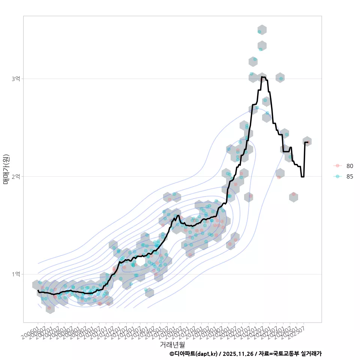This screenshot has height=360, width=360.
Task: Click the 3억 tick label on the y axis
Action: tap(16, 79)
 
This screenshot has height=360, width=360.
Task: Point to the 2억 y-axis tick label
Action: tap(16, 176)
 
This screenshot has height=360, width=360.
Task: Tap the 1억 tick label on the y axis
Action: tap(16, 274)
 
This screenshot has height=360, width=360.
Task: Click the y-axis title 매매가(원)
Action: tap(6, 169)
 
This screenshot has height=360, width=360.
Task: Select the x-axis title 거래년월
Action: tap(172, 344)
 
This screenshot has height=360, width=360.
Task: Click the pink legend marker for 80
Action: tap(337, 166)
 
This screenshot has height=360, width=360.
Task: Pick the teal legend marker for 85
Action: tap(337, 177)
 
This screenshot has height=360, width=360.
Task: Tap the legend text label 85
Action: tap(349, 177)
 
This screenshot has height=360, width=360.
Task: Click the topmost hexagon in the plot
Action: tap(262, 30)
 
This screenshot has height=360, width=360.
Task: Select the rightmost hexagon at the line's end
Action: tap(307, 141)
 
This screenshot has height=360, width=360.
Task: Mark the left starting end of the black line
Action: tap(38, 290)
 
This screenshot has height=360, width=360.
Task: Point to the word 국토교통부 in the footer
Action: tap(286, 354)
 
